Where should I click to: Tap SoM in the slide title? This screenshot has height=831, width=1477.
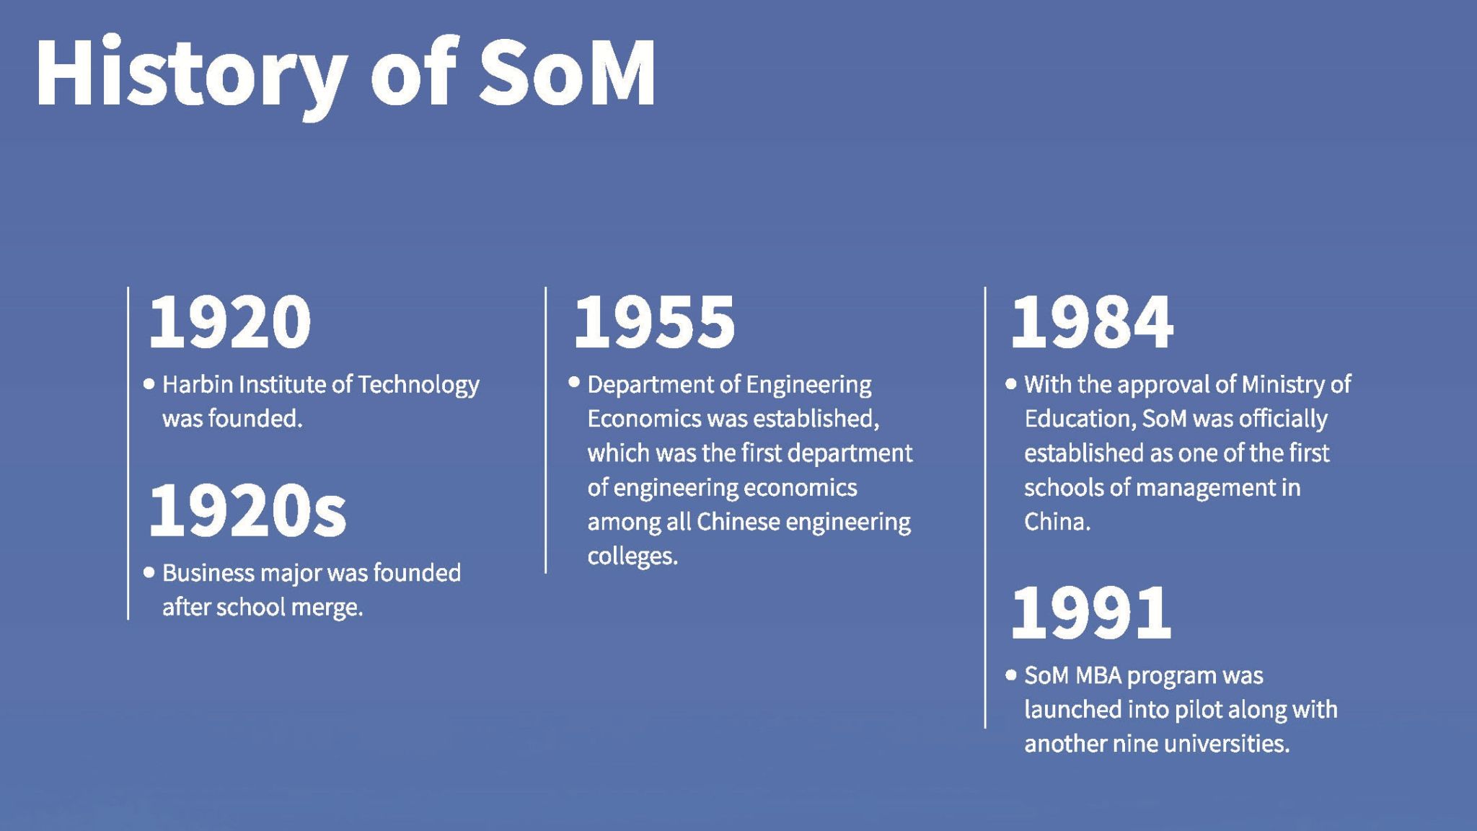pyautogui.click(x=567, y=73)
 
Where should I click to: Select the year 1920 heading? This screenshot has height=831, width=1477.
pyautogui.click(x=230, y=321)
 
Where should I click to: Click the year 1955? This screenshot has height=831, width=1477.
pyautogui.click(x=655, y=321)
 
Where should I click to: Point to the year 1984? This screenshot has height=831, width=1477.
pyautogui.click(x=1092, y=321)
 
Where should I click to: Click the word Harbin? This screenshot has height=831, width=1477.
pyautogui.click(x=198, y=384)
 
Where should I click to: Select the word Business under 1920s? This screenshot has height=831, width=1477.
pyautogui.click(x=208, y=573)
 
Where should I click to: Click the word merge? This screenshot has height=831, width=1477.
pyautogui.click(x=327, y=608)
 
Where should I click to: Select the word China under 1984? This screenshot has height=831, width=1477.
pyautogui.click(x=1057, y=521)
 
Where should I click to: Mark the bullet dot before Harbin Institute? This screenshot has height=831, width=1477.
pyautogui.click(x=149, y=384)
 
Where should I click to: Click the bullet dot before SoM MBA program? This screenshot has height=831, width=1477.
pyautogui.click(x=1011, y=675)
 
